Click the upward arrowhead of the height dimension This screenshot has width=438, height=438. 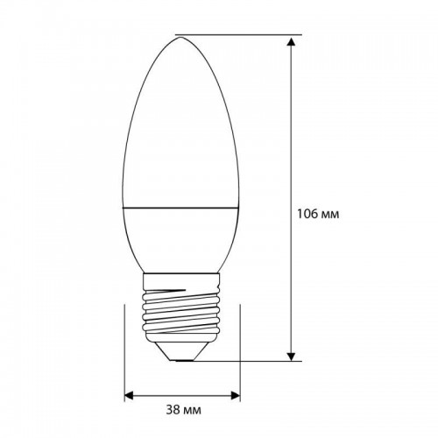tap(291, 40)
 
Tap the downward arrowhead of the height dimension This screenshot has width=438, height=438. tap(291, 354)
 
